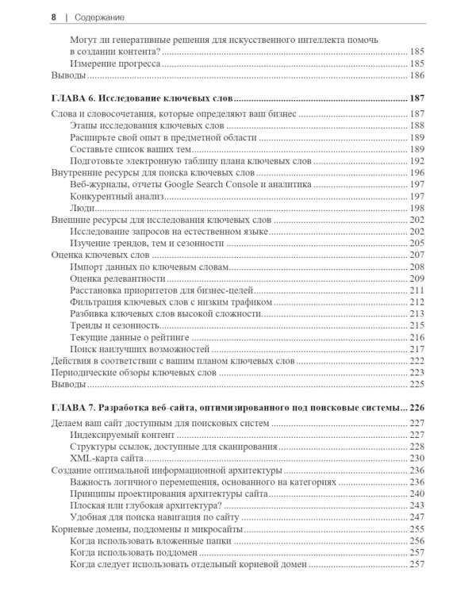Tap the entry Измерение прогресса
[115, 63]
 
